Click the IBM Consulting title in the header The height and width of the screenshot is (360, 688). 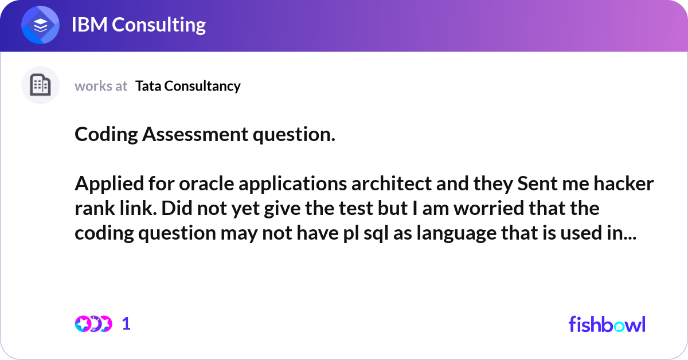pyautogui.click(x=138, y=25)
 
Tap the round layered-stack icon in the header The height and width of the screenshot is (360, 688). pyautogui.click(x=41, y=26)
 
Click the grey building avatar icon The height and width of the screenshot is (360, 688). pyautogui.click(x=40, y=85)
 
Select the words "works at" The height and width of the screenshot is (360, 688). pyautogui.click(x=101, y=86)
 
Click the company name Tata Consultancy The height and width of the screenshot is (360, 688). pyautogui.click(x=188, y=86)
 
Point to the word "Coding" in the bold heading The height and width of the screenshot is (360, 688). pyautogui.click(x=106, y=135)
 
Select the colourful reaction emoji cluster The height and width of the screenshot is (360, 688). pyautogui.click(x=93, y=324)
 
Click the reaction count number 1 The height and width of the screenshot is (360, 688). pyautogui.click(x=126, y=324)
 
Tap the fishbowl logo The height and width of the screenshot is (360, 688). pyautogui.click(x=607, y=324)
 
